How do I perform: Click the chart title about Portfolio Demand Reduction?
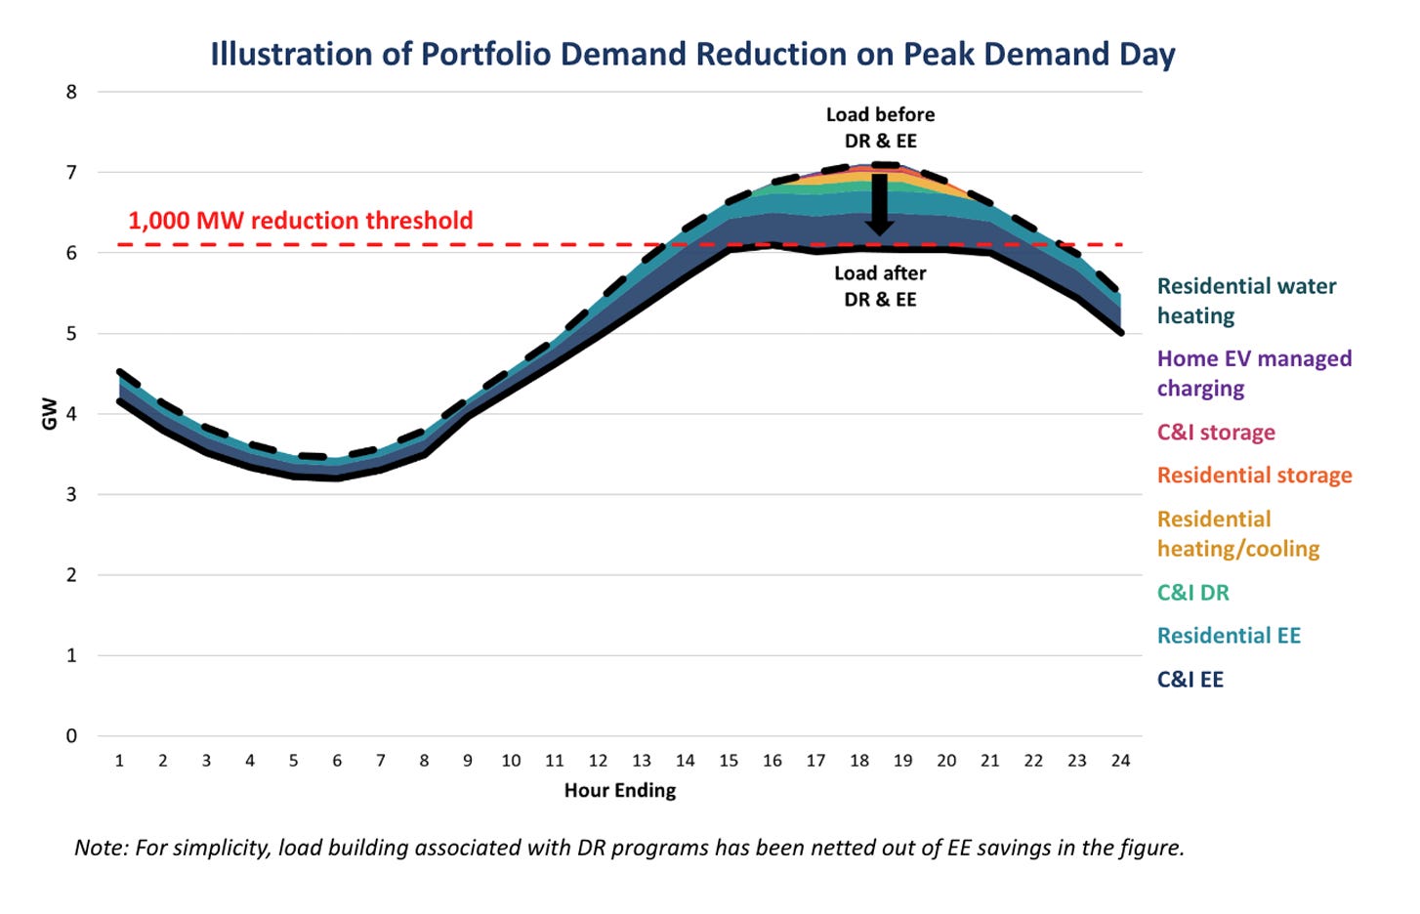pos(692,54)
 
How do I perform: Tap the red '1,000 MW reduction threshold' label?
pos(301,221)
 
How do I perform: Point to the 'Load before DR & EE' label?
pos(880,128)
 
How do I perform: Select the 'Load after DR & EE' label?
pos(880,286)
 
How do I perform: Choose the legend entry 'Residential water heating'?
pos(1246,301)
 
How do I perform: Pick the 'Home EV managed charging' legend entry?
pos(1254,373)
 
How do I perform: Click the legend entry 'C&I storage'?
pos(1216,432)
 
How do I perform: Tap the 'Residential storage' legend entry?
pos(1254,476)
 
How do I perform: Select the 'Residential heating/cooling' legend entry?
pos(1237,533)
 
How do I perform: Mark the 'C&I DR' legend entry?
pos(1192,593)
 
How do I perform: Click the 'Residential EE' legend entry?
pos(1229,636)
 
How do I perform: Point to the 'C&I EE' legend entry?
pos(1190,680)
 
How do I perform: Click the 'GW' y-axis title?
pos(49,414)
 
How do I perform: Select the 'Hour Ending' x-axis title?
pos(619,790)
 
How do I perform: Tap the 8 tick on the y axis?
pos(71,93)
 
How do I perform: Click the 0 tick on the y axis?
pos(71,736)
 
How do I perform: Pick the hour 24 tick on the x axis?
pos(1120,761)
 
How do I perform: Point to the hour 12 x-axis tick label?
pos(598,761)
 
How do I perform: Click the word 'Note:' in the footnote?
pos(102,848)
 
